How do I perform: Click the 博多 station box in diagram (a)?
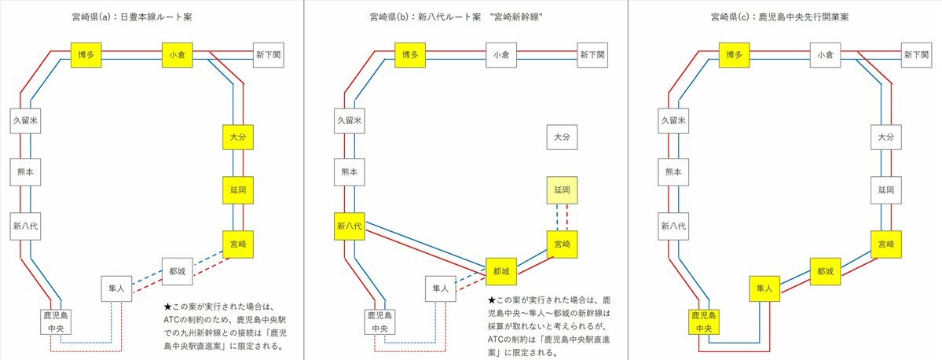click(86, 55)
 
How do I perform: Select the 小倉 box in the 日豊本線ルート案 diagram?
click(177, 55)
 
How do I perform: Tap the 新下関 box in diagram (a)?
click(268, 55)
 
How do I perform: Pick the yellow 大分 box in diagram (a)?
click(238, 138)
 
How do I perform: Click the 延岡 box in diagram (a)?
click(238, 190)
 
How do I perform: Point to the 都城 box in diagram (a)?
click(178, 272)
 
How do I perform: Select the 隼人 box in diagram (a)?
click(116, 289)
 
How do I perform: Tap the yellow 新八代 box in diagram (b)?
click(350, 226)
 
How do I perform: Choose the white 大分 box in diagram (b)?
click(562, 138)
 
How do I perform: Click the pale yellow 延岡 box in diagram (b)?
click(562, 190)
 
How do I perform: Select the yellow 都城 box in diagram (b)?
click(501, 272)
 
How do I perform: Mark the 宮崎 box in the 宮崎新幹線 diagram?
click(562, 244)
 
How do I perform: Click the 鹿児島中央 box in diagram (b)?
click(379, 322)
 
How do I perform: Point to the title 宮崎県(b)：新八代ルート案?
click(425, 17)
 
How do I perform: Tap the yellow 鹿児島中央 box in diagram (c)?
click(704, 322)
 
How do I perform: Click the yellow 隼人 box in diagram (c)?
click(764, 289)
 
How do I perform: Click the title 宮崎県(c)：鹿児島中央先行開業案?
click(779, 17)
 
